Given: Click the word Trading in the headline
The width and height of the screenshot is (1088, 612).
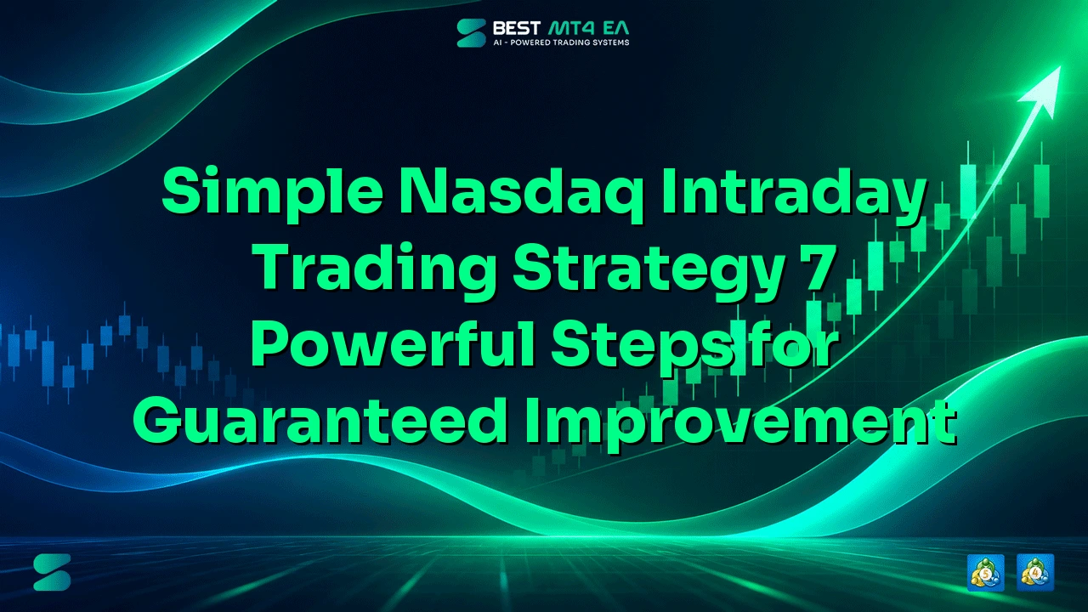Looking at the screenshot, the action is pyautogui.click(x=374, y=270).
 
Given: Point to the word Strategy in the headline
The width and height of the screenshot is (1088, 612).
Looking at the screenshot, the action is pyautogui.click(x=649, y=270).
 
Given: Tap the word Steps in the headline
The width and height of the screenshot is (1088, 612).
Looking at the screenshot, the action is pyautogui.click(x=641, y=348).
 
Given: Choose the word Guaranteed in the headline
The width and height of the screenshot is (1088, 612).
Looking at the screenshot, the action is pyautogui.click(x=320, y=420).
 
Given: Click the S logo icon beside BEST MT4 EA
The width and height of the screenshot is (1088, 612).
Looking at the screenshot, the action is pyautogui.click(x=471, y=33).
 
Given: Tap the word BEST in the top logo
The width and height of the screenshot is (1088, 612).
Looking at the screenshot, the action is pyautogui.click(x=517, y=28).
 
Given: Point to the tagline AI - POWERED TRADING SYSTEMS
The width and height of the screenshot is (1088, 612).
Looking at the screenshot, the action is pyautogui.click(x=562, y=42).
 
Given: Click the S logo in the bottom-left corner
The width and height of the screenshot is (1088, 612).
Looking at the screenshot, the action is pyautogui.click(x=52, y=572).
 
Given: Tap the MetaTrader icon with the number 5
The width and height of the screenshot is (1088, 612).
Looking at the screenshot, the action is pyautogui.click(x=985, y=572).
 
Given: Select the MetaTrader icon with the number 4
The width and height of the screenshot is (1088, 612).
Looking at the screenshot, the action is pyautogui.click(x=1035, y=572).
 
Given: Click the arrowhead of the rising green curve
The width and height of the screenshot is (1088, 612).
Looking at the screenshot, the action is pyautogui.click(x=1045, y=91).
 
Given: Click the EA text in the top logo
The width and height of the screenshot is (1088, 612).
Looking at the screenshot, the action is pyautogui.click(x=615, y=28).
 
